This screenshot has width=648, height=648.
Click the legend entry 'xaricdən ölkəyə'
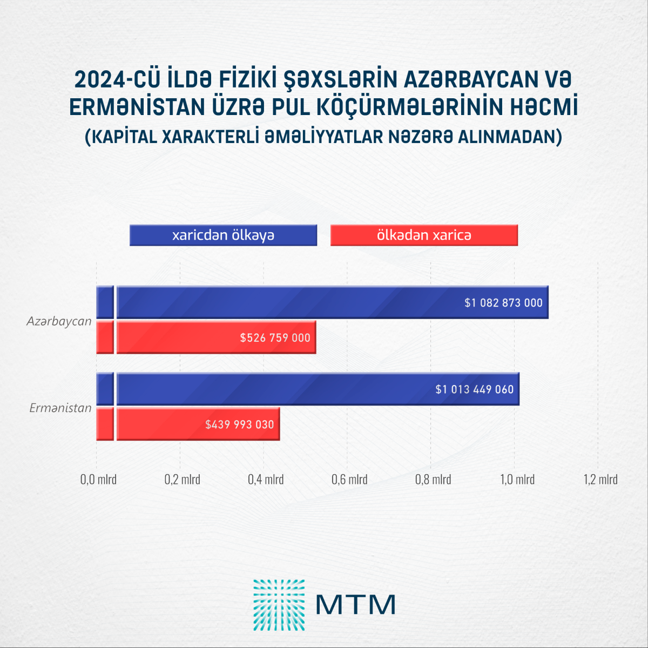point(223,235)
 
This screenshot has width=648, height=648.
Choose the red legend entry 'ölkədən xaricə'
point(424,235)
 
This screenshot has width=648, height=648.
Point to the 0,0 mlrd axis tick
point(98,480)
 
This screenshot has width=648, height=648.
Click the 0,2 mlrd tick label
point(182,480)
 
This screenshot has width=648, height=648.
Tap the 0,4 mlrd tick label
point(266,480)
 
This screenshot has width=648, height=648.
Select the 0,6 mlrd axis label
point(349,480)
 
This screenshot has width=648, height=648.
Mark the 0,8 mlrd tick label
point(433,480)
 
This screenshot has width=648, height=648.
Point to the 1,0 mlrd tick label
point(517,480)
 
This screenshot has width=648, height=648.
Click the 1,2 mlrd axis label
point(600,480)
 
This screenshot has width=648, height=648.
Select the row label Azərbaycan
point(59,321)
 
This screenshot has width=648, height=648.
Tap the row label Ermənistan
point(60,408)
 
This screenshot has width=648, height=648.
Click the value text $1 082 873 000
point(503,303)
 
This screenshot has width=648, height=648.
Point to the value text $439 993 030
point(240,424)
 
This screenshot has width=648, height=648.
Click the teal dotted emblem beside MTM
point(279,605)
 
